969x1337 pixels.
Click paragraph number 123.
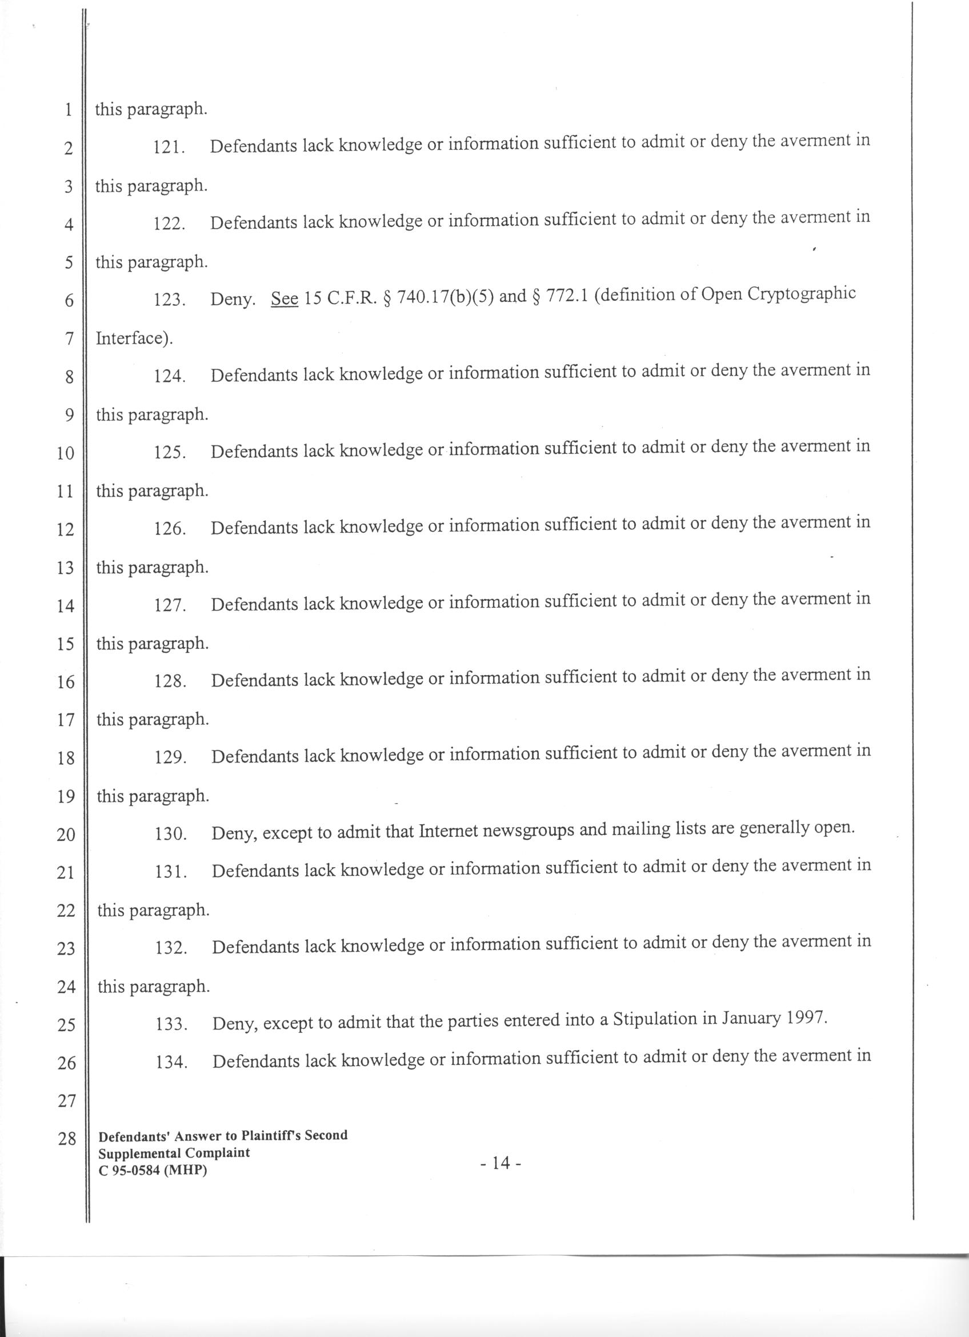pos(170,300)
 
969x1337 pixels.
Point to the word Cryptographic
pos(801,294)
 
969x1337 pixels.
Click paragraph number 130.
pos(171,834)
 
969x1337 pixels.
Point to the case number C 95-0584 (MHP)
pos(153,1171)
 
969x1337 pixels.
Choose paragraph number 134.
pos(171,1063)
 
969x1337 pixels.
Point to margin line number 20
pos(66,834)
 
